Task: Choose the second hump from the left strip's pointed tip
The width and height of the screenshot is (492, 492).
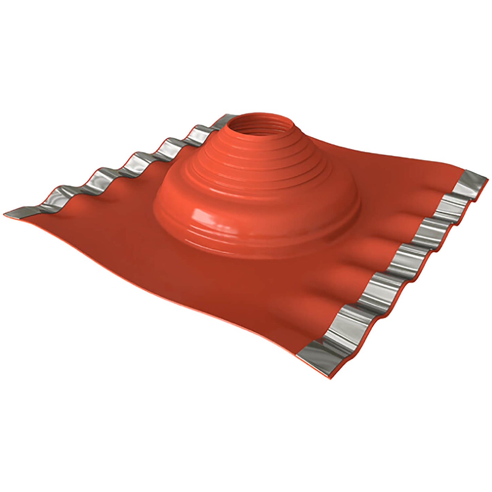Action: (95, 174)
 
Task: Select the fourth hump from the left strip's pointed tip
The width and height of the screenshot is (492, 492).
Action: (167, 143)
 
